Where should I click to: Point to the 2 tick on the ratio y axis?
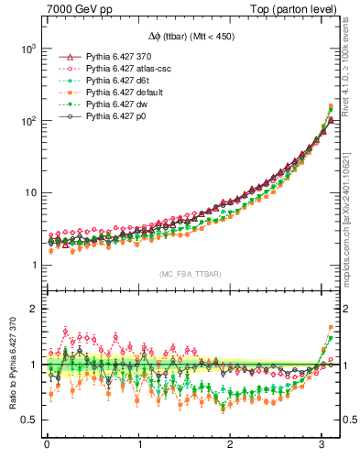tap(34, 309)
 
